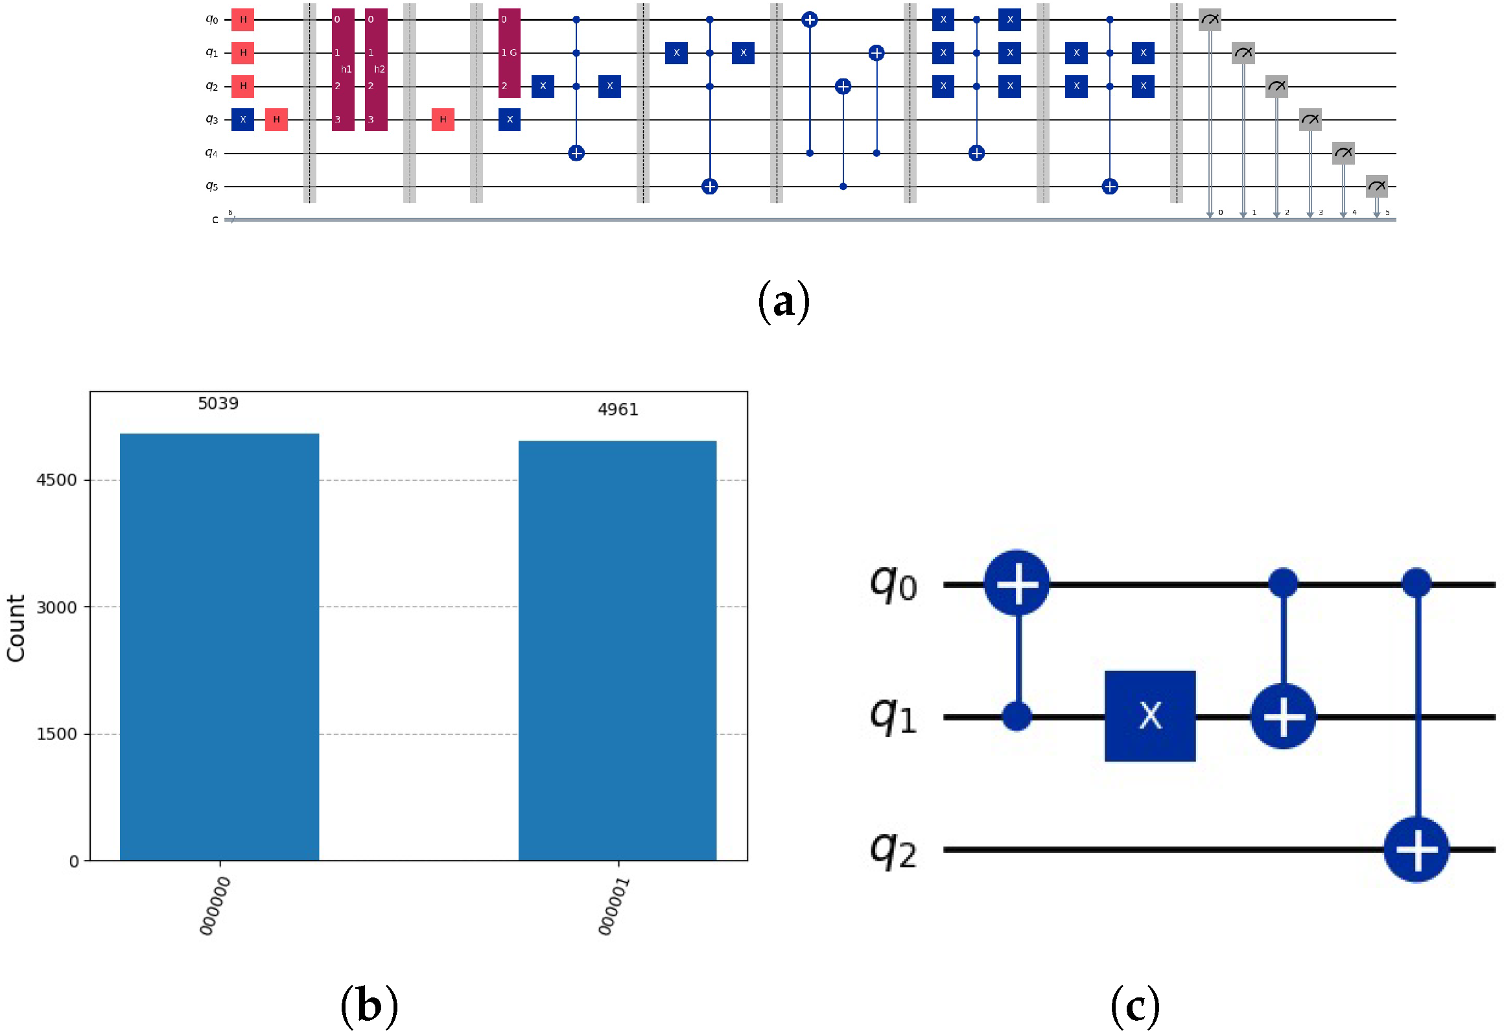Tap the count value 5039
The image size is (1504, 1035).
(x=218, y=403)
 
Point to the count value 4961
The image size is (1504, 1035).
(x=617, y=409)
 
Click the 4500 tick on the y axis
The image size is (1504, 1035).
(x=56, y=480)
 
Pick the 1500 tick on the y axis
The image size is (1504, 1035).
(x=56, y=734)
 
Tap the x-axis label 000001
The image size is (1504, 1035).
(x=613, y=906)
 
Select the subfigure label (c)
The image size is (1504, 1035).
(x=1135, y=1006)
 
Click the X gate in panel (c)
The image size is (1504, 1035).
(x=1149, y=716)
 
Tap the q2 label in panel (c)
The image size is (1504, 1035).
(x=893, y=850)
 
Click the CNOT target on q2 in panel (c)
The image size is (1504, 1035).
(x=1416, y=849)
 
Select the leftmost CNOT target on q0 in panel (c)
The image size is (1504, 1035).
(x=1016, y=584)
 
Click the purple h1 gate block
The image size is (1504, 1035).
(x=343, y=69)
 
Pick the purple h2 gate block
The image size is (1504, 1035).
(x=376, y=69)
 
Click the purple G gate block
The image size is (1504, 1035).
(x=509, y=53)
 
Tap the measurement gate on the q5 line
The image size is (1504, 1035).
(x=1376, y=186)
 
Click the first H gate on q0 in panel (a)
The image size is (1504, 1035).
(x=242, y=19)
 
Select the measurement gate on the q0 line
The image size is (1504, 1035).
(x=1210, y=19)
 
